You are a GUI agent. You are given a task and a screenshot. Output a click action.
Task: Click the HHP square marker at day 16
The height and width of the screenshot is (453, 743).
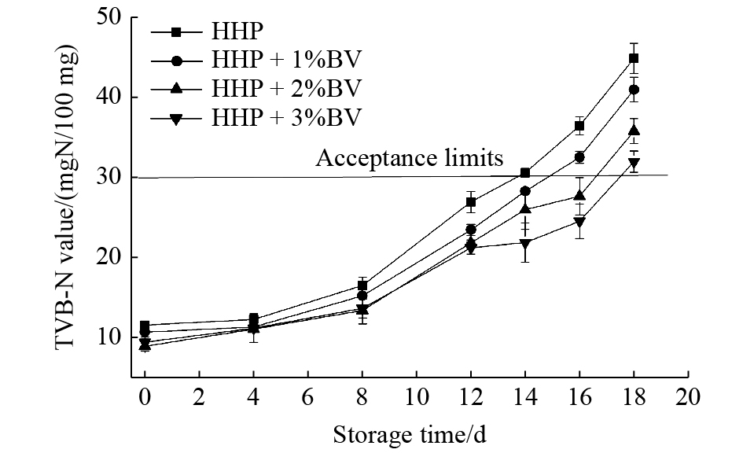(579, 126)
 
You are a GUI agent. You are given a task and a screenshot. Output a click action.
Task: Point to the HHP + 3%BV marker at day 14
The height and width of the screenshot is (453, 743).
(525, 243)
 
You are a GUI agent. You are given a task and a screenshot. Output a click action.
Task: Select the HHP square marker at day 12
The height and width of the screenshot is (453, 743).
(471, 202)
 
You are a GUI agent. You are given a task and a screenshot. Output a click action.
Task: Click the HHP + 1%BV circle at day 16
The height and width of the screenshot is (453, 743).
(579, 157)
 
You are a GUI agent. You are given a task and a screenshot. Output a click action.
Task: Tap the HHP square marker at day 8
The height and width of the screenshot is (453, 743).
(362, 286)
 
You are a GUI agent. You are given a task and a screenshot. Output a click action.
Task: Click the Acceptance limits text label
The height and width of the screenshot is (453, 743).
(409, 159)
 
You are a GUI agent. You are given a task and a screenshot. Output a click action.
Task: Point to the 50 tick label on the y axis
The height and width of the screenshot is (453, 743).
(109, 17)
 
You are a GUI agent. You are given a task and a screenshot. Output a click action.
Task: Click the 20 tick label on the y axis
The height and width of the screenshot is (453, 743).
(109, 258)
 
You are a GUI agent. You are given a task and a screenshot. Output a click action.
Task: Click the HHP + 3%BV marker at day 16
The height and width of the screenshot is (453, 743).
(579, 223)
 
